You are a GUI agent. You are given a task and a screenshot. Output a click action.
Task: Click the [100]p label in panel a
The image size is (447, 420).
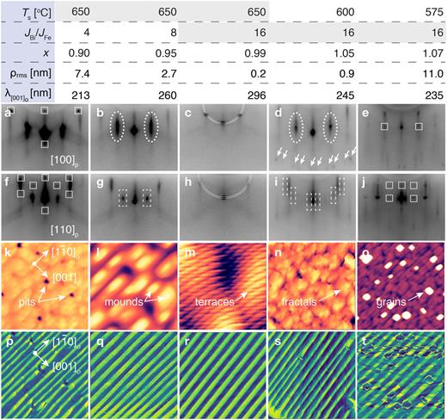64,160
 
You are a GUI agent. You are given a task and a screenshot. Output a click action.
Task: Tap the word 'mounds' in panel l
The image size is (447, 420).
123,303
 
